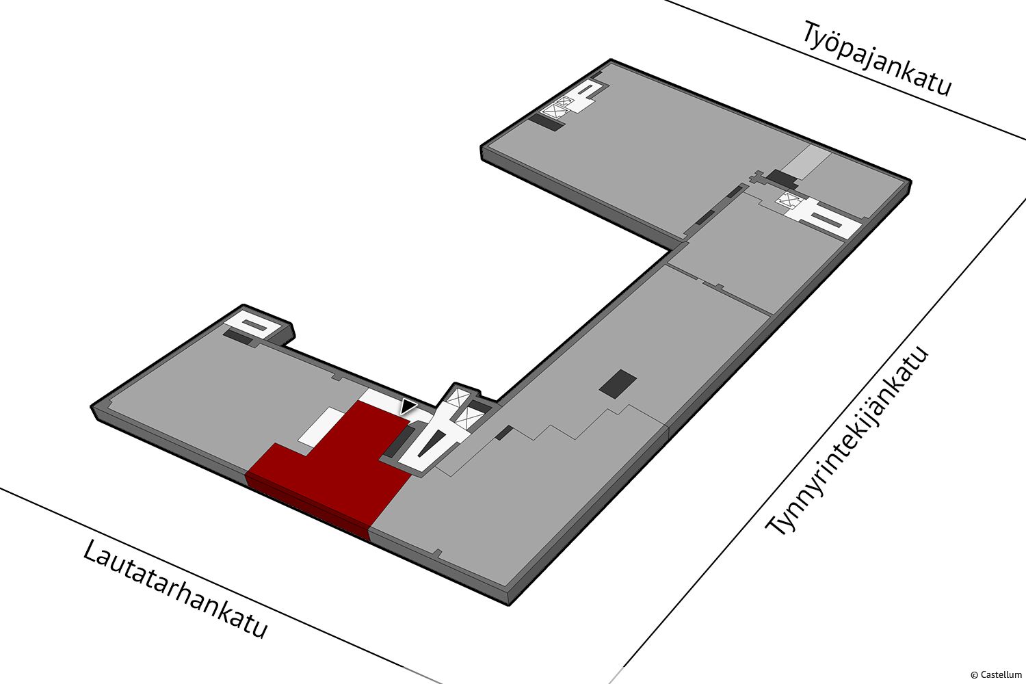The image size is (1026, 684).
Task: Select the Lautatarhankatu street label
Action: click(174, 590)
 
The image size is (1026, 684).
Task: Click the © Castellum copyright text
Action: click(996, 674)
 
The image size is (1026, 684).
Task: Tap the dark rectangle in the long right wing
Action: click(618, 384)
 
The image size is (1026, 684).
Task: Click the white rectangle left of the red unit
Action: click(320, 426)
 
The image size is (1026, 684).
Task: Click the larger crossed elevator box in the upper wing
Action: click(555, 111)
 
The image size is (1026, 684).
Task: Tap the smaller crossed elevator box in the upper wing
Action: click(564, 102)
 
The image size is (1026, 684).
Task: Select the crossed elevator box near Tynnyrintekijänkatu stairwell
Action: click(789, 199)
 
